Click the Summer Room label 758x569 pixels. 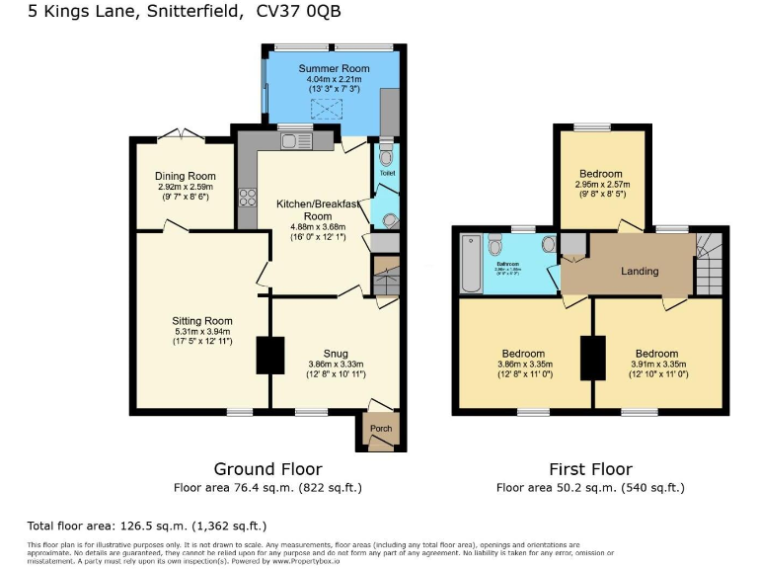click(x=330, y=68)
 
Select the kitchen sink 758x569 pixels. click(x=294, y=142)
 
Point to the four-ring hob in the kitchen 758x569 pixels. click(x=247, y=197)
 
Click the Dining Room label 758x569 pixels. click(x=185, y=176)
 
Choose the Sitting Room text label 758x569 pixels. click(x=201, y=321)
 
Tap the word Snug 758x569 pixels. click(x=335, y=353)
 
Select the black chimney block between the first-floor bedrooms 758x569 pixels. click(x=592, y=359)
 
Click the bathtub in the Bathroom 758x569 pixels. click(x=472, y=265)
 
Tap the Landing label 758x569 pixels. click(x=640, y=271)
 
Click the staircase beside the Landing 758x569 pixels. click(x=708, y=264)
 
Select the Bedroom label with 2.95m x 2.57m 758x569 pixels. click(x=600, y=174)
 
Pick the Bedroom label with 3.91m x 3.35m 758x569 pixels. click(x=656, y=354)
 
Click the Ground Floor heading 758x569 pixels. click(x=267, y=469)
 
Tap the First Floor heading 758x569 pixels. click(x=590, y=469)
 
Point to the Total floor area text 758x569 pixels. click(x=146, y=526)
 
